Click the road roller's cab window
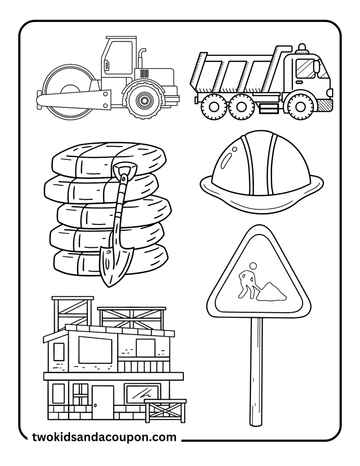pos(118,56)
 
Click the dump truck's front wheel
pos(300,106)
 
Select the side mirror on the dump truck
pos(316,66)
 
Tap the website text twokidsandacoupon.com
pos(104,438)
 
